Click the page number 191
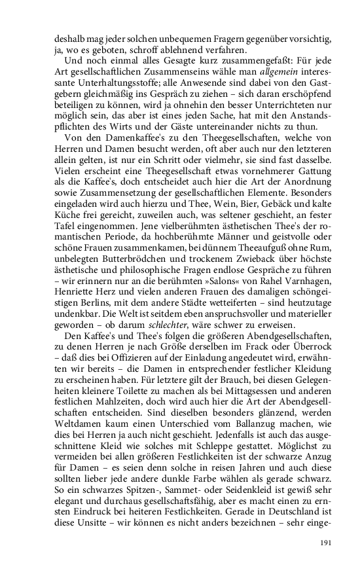tap(327, 543)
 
